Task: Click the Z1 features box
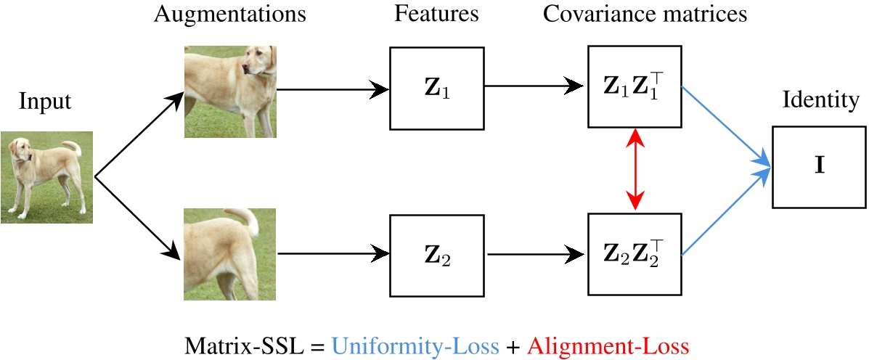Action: coord(437,88)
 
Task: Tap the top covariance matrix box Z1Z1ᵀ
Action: coord(634,88)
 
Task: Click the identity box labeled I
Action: coord(819,166)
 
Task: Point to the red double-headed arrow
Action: coord(636,170)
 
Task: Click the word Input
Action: coord(45,102)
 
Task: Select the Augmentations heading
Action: coord(229,14)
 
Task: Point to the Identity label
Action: coord(820,101)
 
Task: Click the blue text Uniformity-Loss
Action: coord(415,345)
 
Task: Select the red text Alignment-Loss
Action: coord(607,345)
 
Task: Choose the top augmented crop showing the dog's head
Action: coord(229,92)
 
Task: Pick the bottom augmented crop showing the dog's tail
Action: coord(229,255)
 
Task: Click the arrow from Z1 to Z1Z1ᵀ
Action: coord(534,88)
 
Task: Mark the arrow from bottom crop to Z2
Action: coord(333,254)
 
